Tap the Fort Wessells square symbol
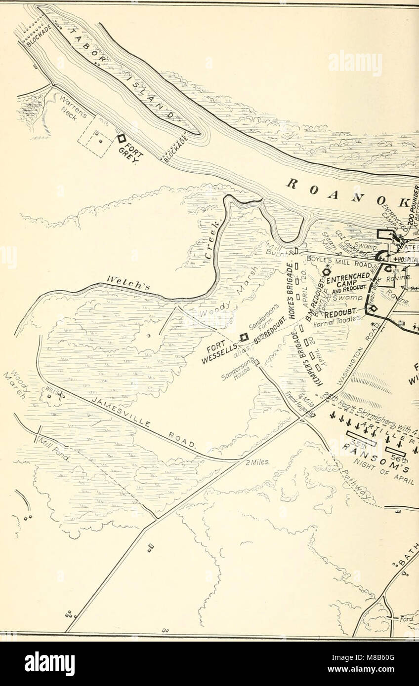243,337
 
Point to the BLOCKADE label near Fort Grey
174,146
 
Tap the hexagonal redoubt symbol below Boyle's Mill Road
327,271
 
